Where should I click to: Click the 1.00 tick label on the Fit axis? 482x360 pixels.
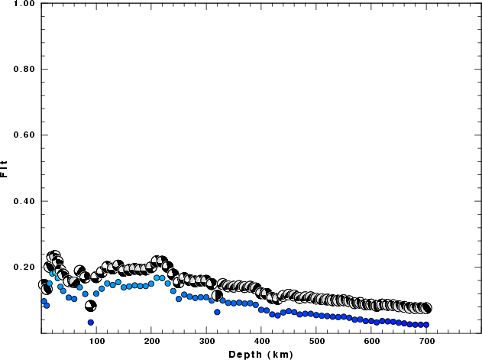(x=23, y=4)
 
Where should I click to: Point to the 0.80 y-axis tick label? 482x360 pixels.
(x=23, y=70)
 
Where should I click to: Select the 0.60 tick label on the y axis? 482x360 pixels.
(x=23, y=135)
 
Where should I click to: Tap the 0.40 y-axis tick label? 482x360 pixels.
(x=23, y=202)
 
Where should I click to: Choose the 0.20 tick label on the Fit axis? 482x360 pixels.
(x=23, y=268)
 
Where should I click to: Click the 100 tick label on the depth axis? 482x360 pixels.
(x=96, y=342)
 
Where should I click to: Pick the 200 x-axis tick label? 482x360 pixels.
(x=151, y=342)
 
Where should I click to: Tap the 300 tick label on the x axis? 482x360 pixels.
(x=206, y=342)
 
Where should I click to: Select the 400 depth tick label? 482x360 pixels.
(x=261, y=342)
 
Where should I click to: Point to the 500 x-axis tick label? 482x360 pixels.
(x=316, y=342)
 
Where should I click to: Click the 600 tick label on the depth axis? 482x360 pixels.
(x=371, y=342)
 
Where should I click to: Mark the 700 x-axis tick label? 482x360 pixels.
(x=426, y=342)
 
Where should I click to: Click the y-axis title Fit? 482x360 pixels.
(x=5, y=168)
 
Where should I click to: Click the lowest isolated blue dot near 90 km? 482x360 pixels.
(x=91, y=323)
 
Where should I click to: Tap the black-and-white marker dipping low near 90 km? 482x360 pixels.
(x=90, y=306)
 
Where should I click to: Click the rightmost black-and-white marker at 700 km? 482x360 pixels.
(x=426, y=308)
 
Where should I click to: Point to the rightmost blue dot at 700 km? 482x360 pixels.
(x=426, y=325)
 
